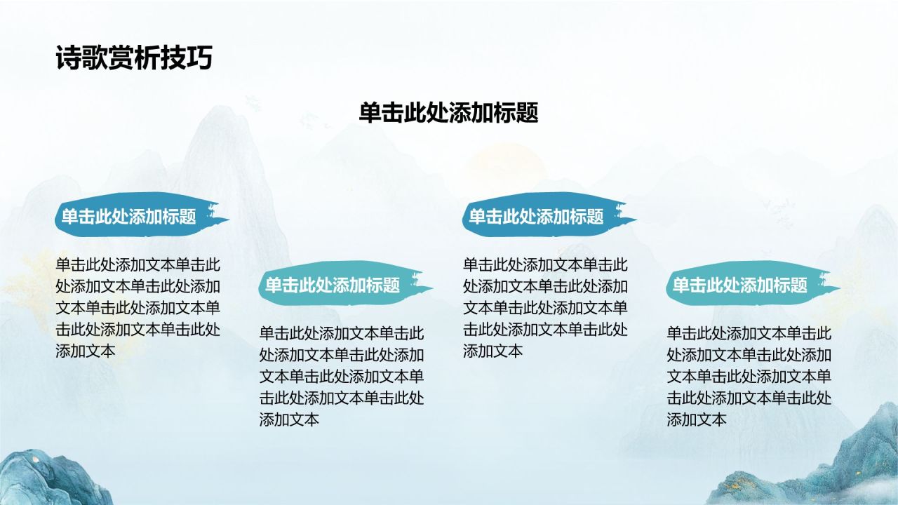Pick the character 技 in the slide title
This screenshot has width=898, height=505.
(173, 58)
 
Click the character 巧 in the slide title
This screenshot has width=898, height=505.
(199, 58)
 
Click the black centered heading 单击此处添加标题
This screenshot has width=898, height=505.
(448, 113)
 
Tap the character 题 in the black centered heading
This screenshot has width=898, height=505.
(527, 113)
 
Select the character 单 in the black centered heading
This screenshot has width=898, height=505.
(370, 113)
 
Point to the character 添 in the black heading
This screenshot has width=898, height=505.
(460, 113)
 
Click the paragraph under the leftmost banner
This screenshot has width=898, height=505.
(138, 308)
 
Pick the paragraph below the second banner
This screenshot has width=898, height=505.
(342, 377)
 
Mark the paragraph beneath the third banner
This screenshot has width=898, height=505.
(545, 308)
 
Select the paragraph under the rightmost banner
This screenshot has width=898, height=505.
(749, 377)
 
